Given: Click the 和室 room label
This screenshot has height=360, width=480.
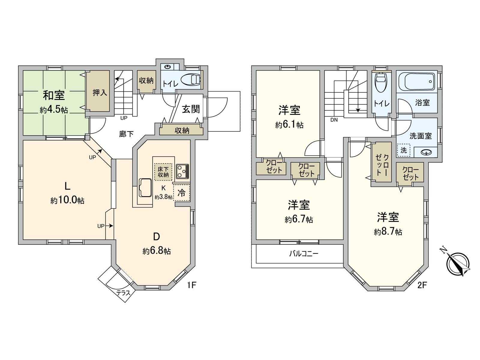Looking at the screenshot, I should tap(54, 95).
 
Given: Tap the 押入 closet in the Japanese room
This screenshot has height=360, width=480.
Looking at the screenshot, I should tap(100, 92).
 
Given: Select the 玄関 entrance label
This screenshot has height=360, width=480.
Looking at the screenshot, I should tap(191, 109).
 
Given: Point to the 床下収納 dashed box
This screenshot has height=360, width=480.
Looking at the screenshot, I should tap(163, 172).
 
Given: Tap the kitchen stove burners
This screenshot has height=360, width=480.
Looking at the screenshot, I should tap(182, 171).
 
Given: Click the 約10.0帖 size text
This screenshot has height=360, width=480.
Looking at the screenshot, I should tap(67, 200).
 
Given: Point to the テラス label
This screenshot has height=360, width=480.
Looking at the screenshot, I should tap(123, 293).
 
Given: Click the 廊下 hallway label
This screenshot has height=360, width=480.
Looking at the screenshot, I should tap(126, 134).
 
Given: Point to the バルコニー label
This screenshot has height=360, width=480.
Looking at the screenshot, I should tap(304, 254).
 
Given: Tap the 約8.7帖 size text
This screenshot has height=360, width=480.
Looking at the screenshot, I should tap(388, 232).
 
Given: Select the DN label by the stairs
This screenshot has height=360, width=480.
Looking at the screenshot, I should tap(334, 120).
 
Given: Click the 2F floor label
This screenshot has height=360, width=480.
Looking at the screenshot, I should tap(422, 285).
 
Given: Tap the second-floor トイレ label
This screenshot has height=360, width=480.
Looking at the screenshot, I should tap(382, 103).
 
